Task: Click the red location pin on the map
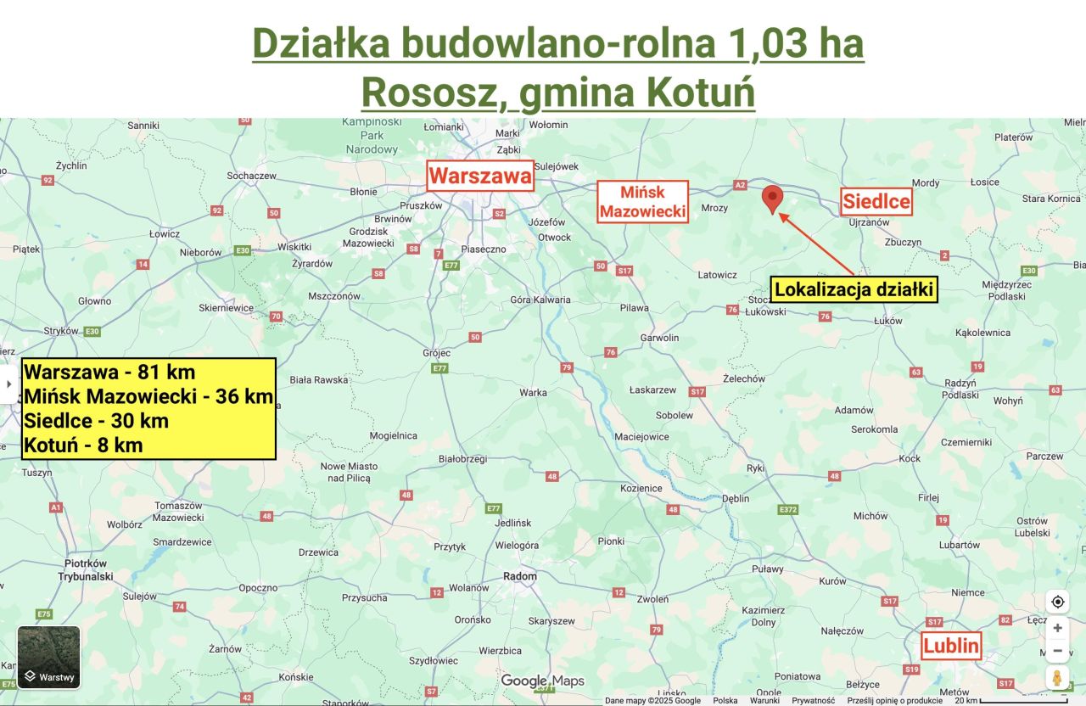(x=772, y=199)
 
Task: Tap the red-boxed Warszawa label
(x=480, y=176)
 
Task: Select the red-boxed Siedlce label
(x=876, y=201)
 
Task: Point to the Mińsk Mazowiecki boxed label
(x=641, y=202)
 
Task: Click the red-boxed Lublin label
(x=951, y=647)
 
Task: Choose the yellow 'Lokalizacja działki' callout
(x=854, y=290)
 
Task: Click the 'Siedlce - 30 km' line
(x=97, y=421)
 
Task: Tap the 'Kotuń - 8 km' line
(x=83, y=445)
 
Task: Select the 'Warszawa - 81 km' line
(x=109, y=372)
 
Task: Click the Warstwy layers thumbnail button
(x=49, y=657)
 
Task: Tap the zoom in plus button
(x=1057, y=629)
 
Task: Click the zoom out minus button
(x=1057, y=651)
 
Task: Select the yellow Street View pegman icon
(x=1057, y=678)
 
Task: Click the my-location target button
(x=1057, y=602)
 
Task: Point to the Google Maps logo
(x=542, y=681)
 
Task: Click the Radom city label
(x=520, y=576)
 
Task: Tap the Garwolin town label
(x=660, y=338)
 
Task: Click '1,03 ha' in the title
(x=795, y=43)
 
